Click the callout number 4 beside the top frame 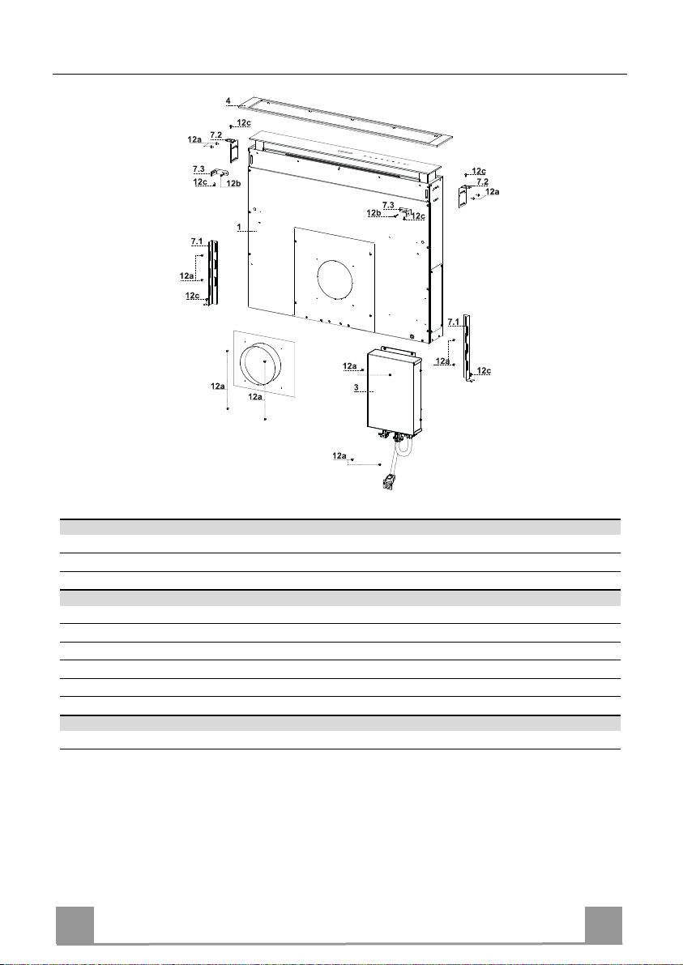coord(228,100)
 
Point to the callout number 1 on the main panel coord(239,227)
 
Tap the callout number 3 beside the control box coord(356,388)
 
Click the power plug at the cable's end coord(389,482)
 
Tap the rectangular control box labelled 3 coord(394,391)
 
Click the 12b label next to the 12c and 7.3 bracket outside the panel coord(233,183)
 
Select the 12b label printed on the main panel coord(374,213)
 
